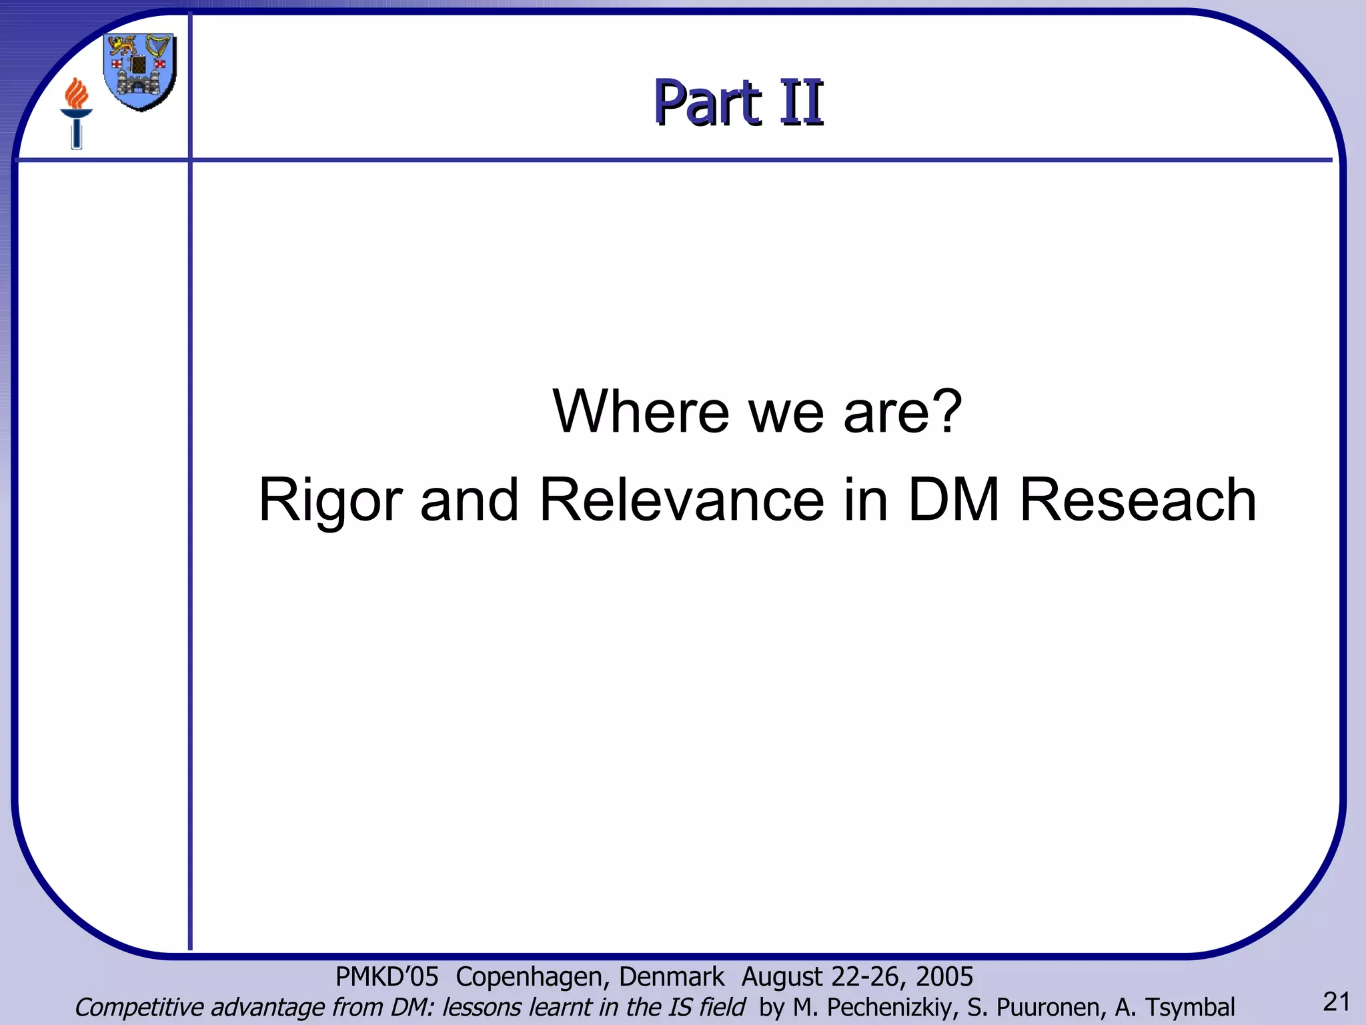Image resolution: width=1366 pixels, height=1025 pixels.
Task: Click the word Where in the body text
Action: (641, 411)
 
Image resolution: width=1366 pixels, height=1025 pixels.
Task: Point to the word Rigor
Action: (330, 500)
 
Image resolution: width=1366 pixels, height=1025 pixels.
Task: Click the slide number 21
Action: (1336, 1002)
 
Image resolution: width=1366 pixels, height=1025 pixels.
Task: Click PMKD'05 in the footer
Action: (386, 977)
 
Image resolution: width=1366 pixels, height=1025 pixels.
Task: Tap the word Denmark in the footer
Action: (671, 977)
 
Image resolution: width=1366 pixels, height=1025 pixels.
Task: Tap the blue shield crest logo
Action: (139, 72)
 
